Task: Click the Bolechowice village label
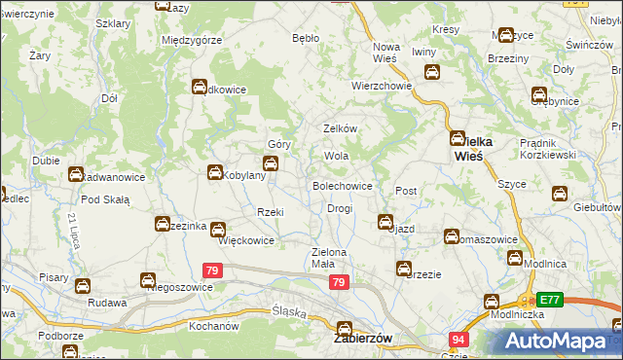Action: tap(341, 185)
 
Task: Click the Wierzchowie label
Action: tap(382, 85)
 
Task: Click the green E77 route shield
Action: tap(551, 301)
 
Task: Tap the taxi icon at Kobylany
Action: tap(214, 173)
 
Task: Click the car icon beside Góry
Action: tap(270, 162)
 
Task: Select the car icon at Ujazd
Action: tap(385, 222)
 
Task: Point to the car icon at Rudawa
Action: tap(84, 286)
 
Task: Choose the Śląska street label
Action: tap(289, 312)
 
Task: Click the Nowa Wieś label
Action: tap(387, 53)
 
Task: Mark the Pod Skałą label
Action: tap(105, 199)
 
